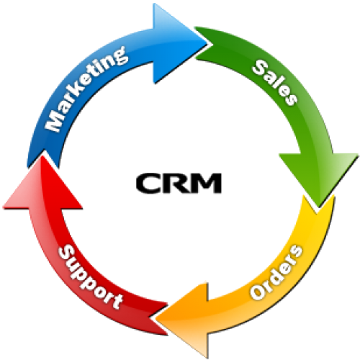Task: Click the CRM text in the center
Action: pyautogui.click(x=179, y=184)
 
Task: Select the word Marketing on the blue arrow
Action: pyautogui.click(x=87, y=89)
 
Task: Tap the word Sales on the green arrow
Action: pyautogui.click(x=275, y=82)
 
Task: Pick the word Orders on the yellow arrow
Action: pyautogui.click(x=276, y=271)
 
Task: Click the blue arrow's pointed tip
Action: pyautogui.click(x=207, y=44)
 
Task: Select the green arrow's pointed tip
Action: pyautogui.click(x=319, y=207)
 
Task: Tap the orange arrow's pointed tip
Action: pyautogui.click(x=156, y=318)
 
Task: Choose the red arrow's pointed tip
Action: pyautogui.click(x=41, y=156)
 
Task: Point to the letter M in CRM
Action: pyautogui.click(x=207, y=184)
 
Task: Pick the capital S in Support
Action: pyautogui.click(x=66, y=253)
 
